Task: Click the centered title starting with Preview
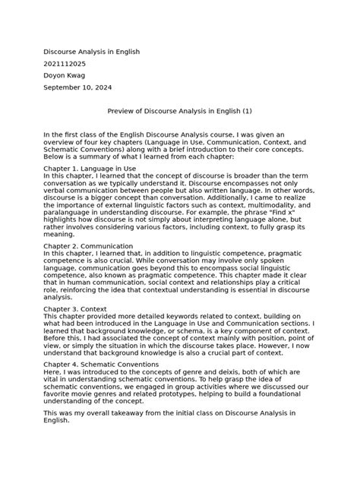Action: point(179,112)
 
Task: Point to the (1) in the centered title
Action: point(248,112)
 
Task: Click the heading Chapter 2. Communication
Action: point(88,246)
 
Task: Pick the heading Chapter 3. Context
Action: point(75,309)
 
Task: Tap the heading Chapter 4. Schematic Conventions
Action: point(101,365)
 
